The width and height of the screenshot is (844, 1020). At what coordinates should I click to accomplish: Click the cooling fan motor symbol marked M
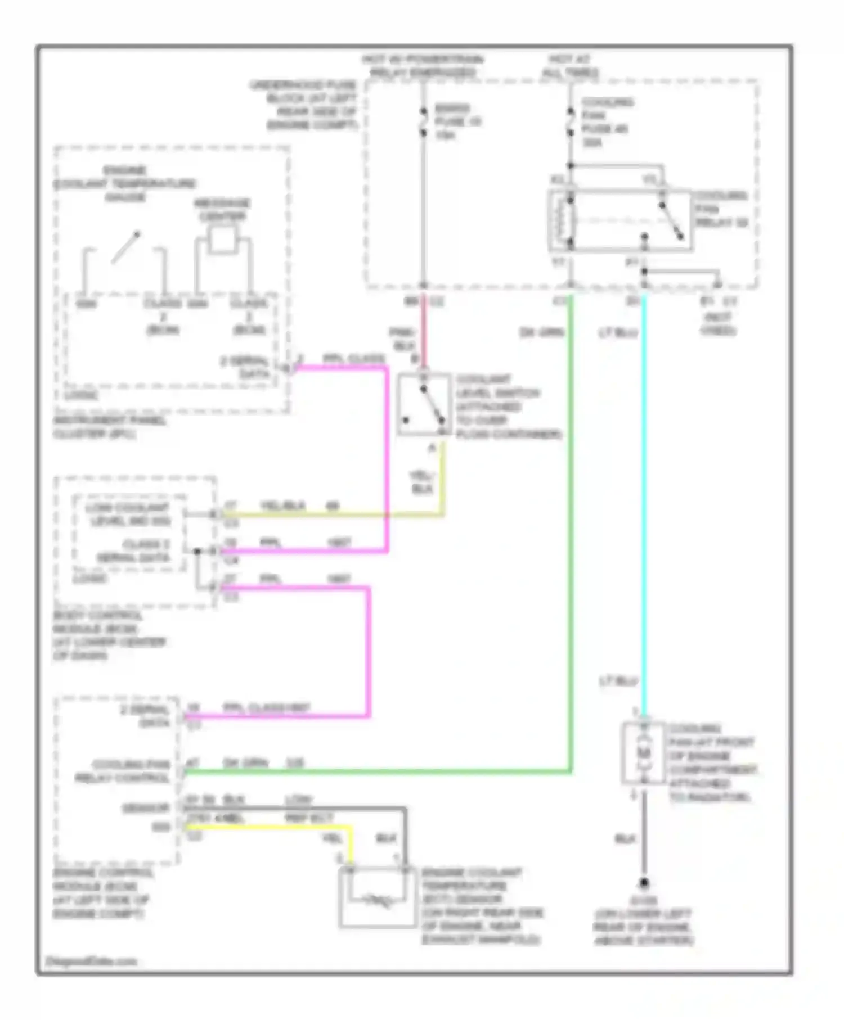tap(644, 752)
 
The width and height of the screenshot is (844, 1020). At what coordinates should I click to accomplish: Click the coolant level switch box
tap(424, 404)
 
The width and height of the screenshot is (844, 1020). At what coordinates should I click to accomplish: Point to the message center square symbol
tap(222, 240)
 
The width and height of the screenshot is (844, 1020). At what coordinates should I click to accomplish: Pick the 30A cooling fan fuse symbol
tap(570, 121)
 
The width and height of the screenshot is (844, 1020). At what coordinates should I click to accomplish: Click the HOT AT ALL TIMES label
tap(569, 66)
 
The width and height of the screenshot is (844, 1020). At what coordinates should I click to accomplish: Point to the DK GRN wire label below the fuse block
tap(541, 332)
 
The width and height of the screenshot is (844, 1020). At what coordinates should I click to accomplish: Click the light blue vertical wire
tap(644, 506)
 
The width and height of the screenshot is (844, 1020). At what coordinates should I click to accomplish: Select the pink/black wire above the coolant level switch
tap(423, 335)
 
